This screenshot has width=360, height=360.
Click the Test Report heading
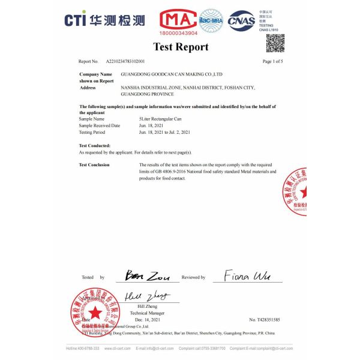[181, 47]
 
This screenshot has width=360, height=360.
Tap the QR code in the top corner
[275, 43]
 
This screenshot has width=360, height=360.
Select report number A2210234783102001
[125, 61]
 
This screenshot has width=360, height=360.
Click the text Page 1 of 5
[273, 61]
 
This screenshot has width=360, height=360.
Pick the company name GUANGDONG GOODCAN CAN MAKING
[172, 74]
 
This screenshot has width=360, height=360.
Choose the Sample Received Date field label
[100, 125]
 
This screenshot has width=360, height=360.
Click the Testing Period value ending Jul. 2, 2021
[164, 132]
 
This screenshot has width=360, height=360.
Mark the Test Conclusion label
[94, 164]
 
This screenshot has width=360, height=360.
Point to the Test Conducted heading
[95, 146]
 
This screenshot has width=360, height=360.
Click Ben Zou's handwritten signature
[147, 277]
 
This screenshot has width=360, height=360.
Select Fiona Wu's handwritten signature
[247, 276]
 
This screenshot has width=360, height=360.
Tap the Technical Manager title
[147, 313]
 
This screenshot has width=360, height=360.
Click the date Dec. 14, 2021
[146, 320]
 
